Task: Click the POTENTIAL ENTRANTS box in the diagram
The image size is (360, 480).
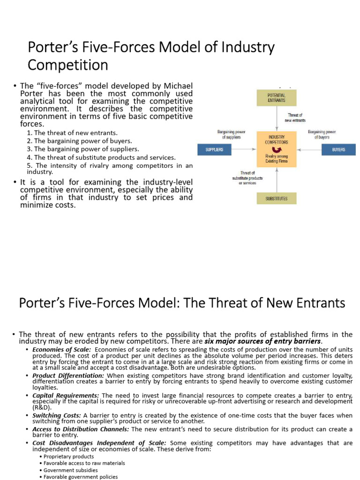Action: [276, 97]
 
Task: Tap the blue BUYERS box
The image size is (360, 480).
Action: [338, 150]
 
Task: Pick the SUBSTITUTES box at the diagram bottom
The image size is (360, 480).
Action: [276, 198]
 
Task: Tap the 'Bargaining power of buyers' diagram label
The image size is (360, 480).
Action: [322, 135]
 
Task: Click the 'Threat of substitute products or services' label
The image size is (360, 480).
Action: [247, 178]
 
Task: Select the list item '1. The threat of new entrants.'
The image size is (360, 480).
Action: [72, 133]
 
